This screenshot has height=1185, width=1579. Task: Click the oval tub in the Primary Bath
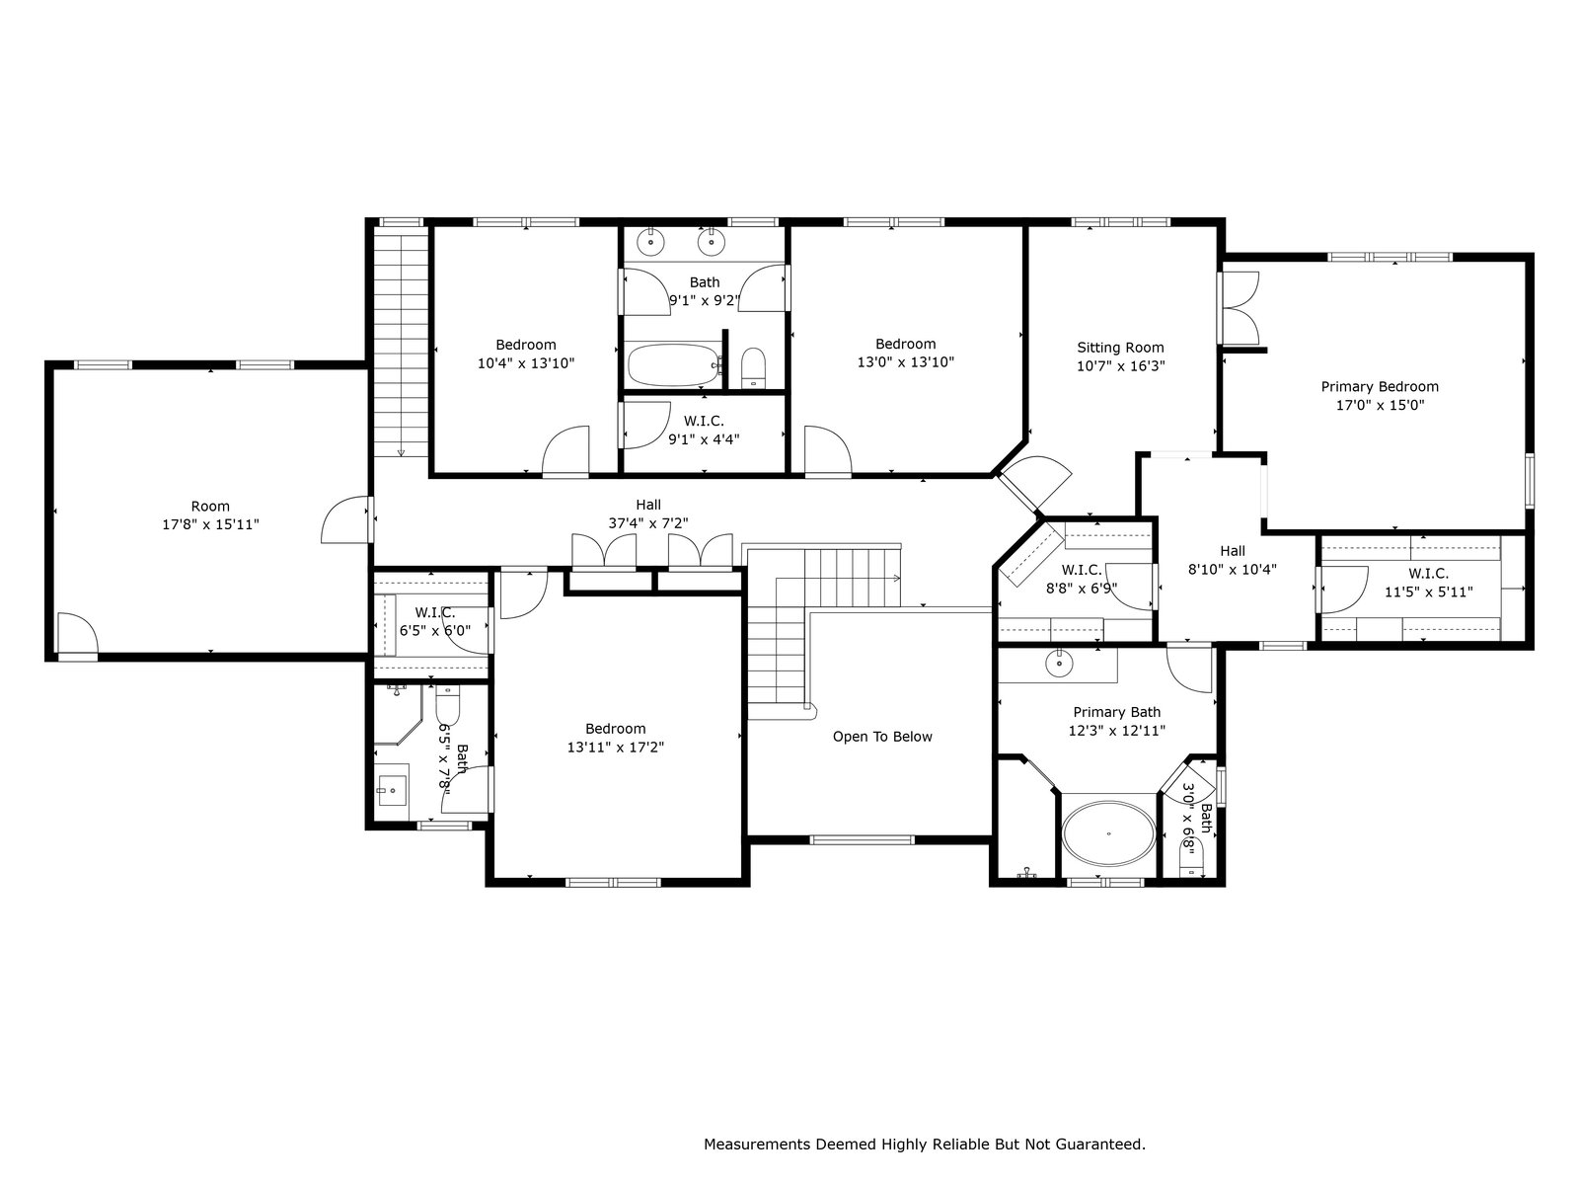click(1108, 833)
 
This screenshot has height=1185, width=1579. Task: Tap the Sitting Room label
click(1120, 348)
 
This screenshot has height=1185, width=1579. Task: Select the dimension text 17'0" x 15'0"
click(1380, 405)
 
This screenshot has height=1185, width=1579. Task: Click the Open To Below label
click(882, 737)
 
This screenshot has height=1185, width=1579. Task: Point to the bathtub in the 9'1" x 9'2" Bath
click(674, 364)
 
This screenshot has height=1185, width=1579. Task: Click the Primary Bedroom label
click(1380, 386)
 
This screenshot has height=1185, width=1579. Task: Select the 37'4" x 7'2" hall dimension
click(648, 523)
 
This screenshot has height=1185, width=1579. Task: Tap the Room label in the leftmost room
click(210, 507)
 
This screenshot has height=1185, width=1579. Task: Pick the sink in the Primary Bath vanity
click(1059, 663)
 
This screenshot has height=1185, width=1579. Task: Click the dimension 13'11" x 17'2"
click(615, 747)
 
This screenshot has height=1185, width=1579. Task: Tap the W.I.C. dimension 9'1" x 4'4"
click(704, 438)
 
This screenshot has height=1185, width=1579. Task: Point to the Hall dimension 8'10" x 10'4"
click(1233, 569)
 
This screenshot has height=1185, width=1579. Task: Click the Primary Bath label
click(1116, 712)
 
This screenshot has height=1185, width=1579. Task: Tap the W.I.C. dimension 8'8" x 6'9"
click(1082, 588)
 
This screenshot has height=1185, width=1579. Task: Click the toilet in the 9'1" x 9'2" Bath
click(753, 368)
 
